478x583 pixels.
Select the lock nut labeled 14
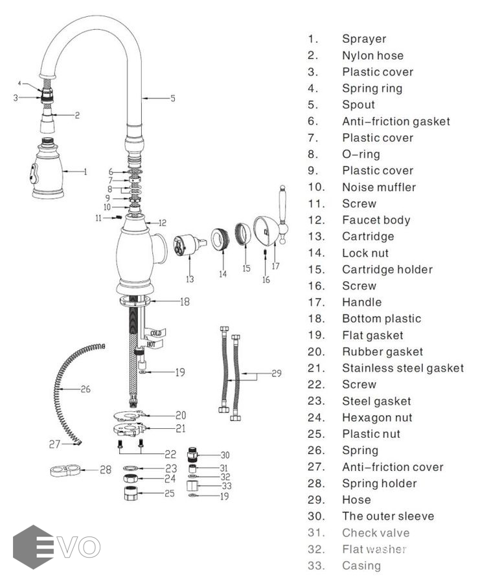pyautogui.click(x=221, y=240)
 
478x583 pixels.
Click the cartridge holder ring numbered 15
pyautogui.click(x=242, y=234)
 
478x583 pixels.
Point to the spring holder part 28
pyautogui.click(x=65, y=470)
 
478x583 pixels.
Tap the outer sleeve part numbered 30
pyautogui.click(x=192, y=454)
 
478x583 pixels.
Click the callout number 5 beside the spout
pyautogui.click(x=173, y=98)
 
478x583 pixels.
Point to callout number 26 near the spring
pyautogui.click(x=85, y=390)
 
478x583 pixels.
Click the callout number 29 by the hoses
pyautogui.click(x=277, y=373)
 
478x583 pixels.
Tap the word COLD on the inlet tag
pyautogui.click(x=155, y=333)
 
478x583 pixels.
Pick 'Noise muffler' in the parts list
pyautogui.click(x=379, y=187)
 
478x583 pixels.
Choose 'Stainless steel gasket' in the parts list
pyautogui.click(x=403, y=368)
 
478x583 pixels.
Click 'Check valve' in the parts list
pyautogui.click(x=376, y=532)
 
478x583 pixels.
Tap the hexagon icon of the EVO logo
pyautogui.click(x=32, y=547)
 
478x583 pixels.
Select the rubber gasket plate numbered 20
pyautogui.click(x=131, y=415)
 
